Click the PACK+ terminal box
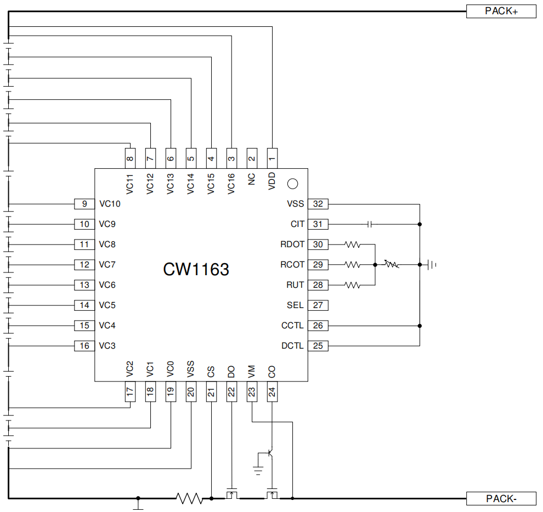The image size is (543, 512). coord(501,12)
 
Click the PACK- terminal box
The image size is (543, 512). coord(501,498)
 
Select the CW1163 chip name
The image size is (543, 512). coord(196,270)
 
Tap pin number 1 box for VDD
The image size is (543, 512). coord(272,159)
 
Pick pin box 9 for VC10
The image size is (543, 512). coord(84,204)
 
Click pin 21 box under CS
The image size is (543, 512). coord(211,391)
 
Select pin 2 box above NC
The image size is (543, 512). coord(252,159)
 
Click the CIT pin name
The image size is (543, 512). coord(297,224)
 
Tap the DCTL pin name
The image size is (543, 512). coord(292,346)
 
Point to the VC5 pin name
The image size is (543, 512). coord(107,305)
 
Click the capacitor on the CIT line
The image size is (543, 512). coord(370,224)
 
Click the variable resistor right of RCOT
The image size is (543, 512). coord(391,265)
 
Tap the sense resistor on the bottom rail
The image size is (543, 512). coord(189,498)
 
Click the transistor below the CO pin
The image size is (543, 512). coord(270,453)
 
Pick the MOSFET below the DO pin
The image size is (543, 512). coord(231,494)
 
